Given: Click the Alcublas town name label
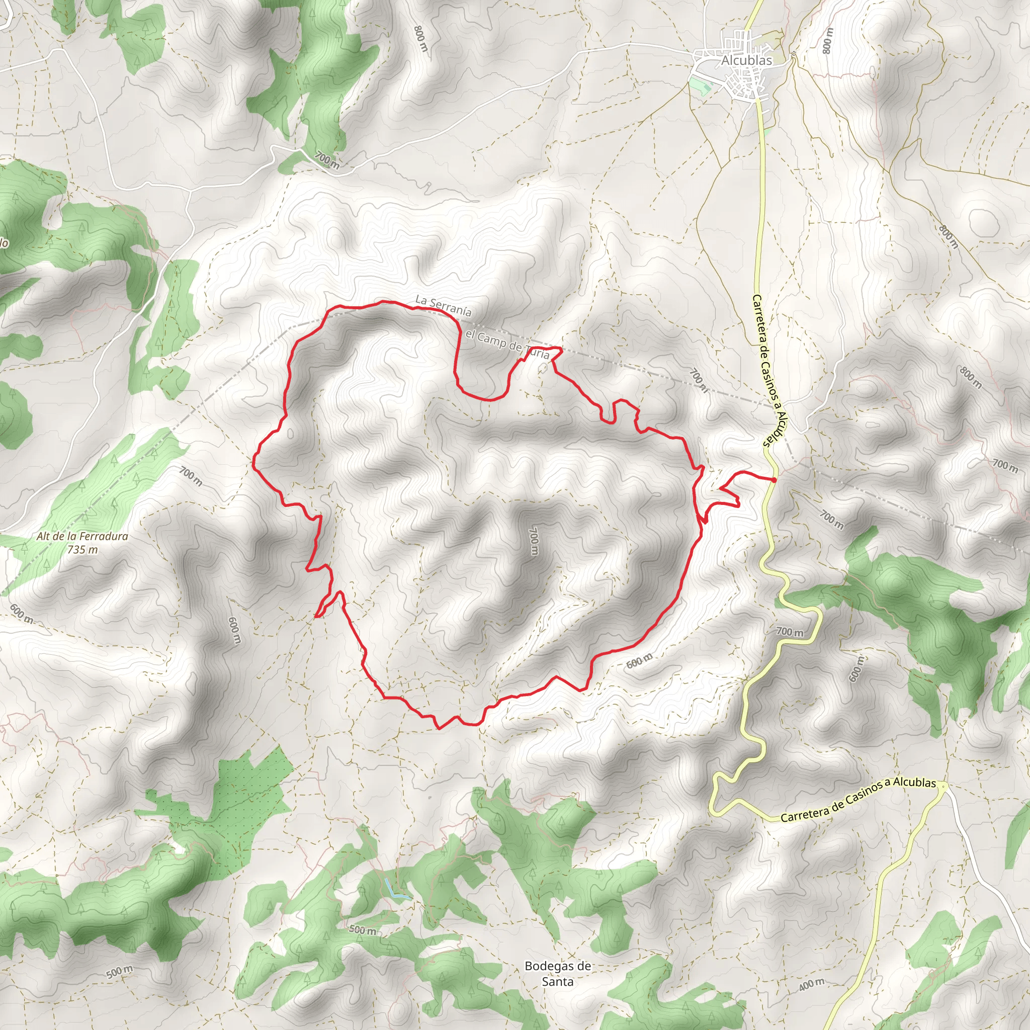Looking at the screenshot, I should click(x=746, y=61).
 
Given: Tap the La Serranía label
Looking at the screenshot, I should click(x=443, y=306).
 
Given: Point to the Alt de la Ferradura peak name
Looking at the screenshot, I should click(x=82, y=536).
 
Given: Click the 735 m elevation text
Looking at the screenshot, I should click(x=82, y=549).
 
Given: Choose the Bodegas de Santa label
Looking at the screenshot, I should click(x=558, y=974).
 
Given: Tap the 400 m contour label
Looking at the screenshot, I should click(x=811, y=985).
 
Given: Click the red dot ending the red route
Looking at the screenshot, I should click(x=773, y=480).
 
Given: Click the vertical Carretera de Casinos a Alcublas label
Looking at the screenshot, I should click(x=770, y=371).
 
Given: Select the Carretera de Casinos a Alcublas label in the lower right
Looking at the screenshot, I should click(x=858, y=800).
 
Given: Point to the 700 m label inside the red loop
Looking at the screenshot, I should click(x=533, y=541).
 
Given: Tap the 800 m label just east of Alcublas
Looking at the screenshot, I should click(x=827, y=41).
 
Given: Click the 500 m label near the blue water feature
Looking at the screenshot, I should click(x=363, y=930).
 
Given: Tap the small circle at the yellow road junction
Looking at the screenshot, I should click(x=943, y=785).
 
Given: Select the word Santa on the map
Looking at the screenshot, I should click(x=558, y=981).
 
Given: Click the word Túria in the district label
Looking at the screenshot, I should click(x=537, y=353).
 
